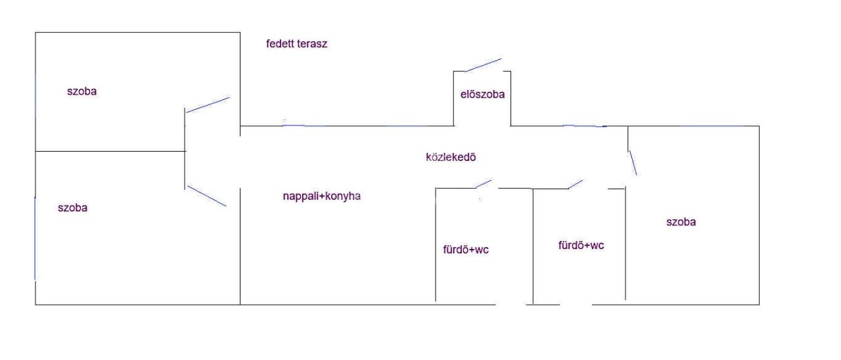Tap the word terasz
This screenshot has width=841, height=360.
[311, 44]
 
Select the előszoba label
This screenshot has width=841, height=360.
[482, 94]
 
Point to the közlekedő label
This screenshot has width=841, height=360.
[451, 157]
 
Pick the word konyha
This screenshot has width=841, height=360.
[343, 196]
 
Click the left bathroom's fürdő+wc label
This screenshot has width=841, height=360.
[466, 250]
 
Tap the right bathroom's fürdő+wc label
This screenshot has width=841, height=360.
[581, 245]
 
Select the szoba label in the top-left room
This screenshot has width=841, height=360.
[82, 91]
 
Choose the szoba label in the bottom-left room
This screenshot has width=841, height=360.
[72, 208]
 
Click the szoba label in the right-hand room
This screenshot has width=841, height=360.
[681, 222]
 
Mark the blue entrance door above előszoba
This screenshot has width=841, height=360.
[483, 65]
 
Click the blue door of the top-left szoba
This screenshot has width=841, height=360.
[208, 104]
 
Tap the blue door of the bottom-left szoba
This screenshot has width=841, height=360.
[207, 196]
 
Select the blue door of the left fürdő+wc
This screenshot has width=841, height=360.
[484, 184]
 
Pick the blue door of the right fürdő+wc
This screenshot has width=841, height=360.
[576, 185]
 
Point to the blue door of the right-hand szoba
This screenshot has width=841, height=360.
[633, 162]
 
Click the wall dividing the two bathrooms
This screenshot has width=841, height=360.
[533, 246]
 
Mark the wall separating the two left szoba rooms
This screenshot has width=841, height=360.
[110, 151]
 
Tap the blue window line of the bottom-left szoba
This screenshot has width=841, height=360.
[35, 238]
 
